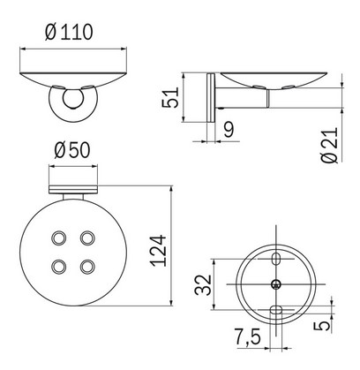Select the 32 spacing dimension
[204, 284]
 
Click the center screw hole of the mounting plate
[277, 284]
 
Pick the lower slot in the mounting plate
[277, 310]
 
